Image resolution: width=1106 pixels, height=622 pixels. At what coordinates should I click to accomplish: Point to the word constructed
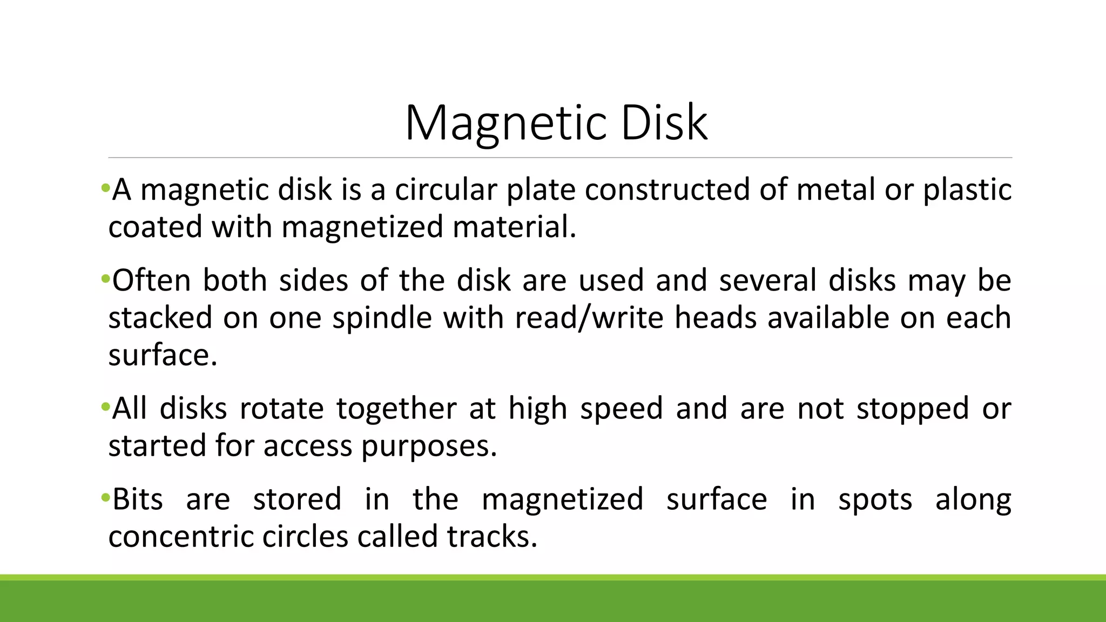click(x=667, y=190)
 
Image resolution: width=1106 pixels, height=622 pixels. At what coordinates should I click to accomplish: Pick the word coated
click(x=155, y=227)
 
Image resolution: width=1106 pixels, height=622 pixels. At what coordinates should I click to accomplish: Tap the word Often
click(x=152, y=281)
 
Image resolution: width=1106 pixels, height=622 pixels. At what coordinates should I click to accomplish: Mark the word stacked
click(x=160, y=318)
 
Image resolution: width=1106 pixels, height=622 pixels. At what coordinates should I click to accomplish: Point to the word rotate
click(x=281, y=409)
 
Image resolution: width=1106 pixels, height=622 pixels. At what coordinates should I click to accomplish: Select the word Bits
click(x=138, y=499)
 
